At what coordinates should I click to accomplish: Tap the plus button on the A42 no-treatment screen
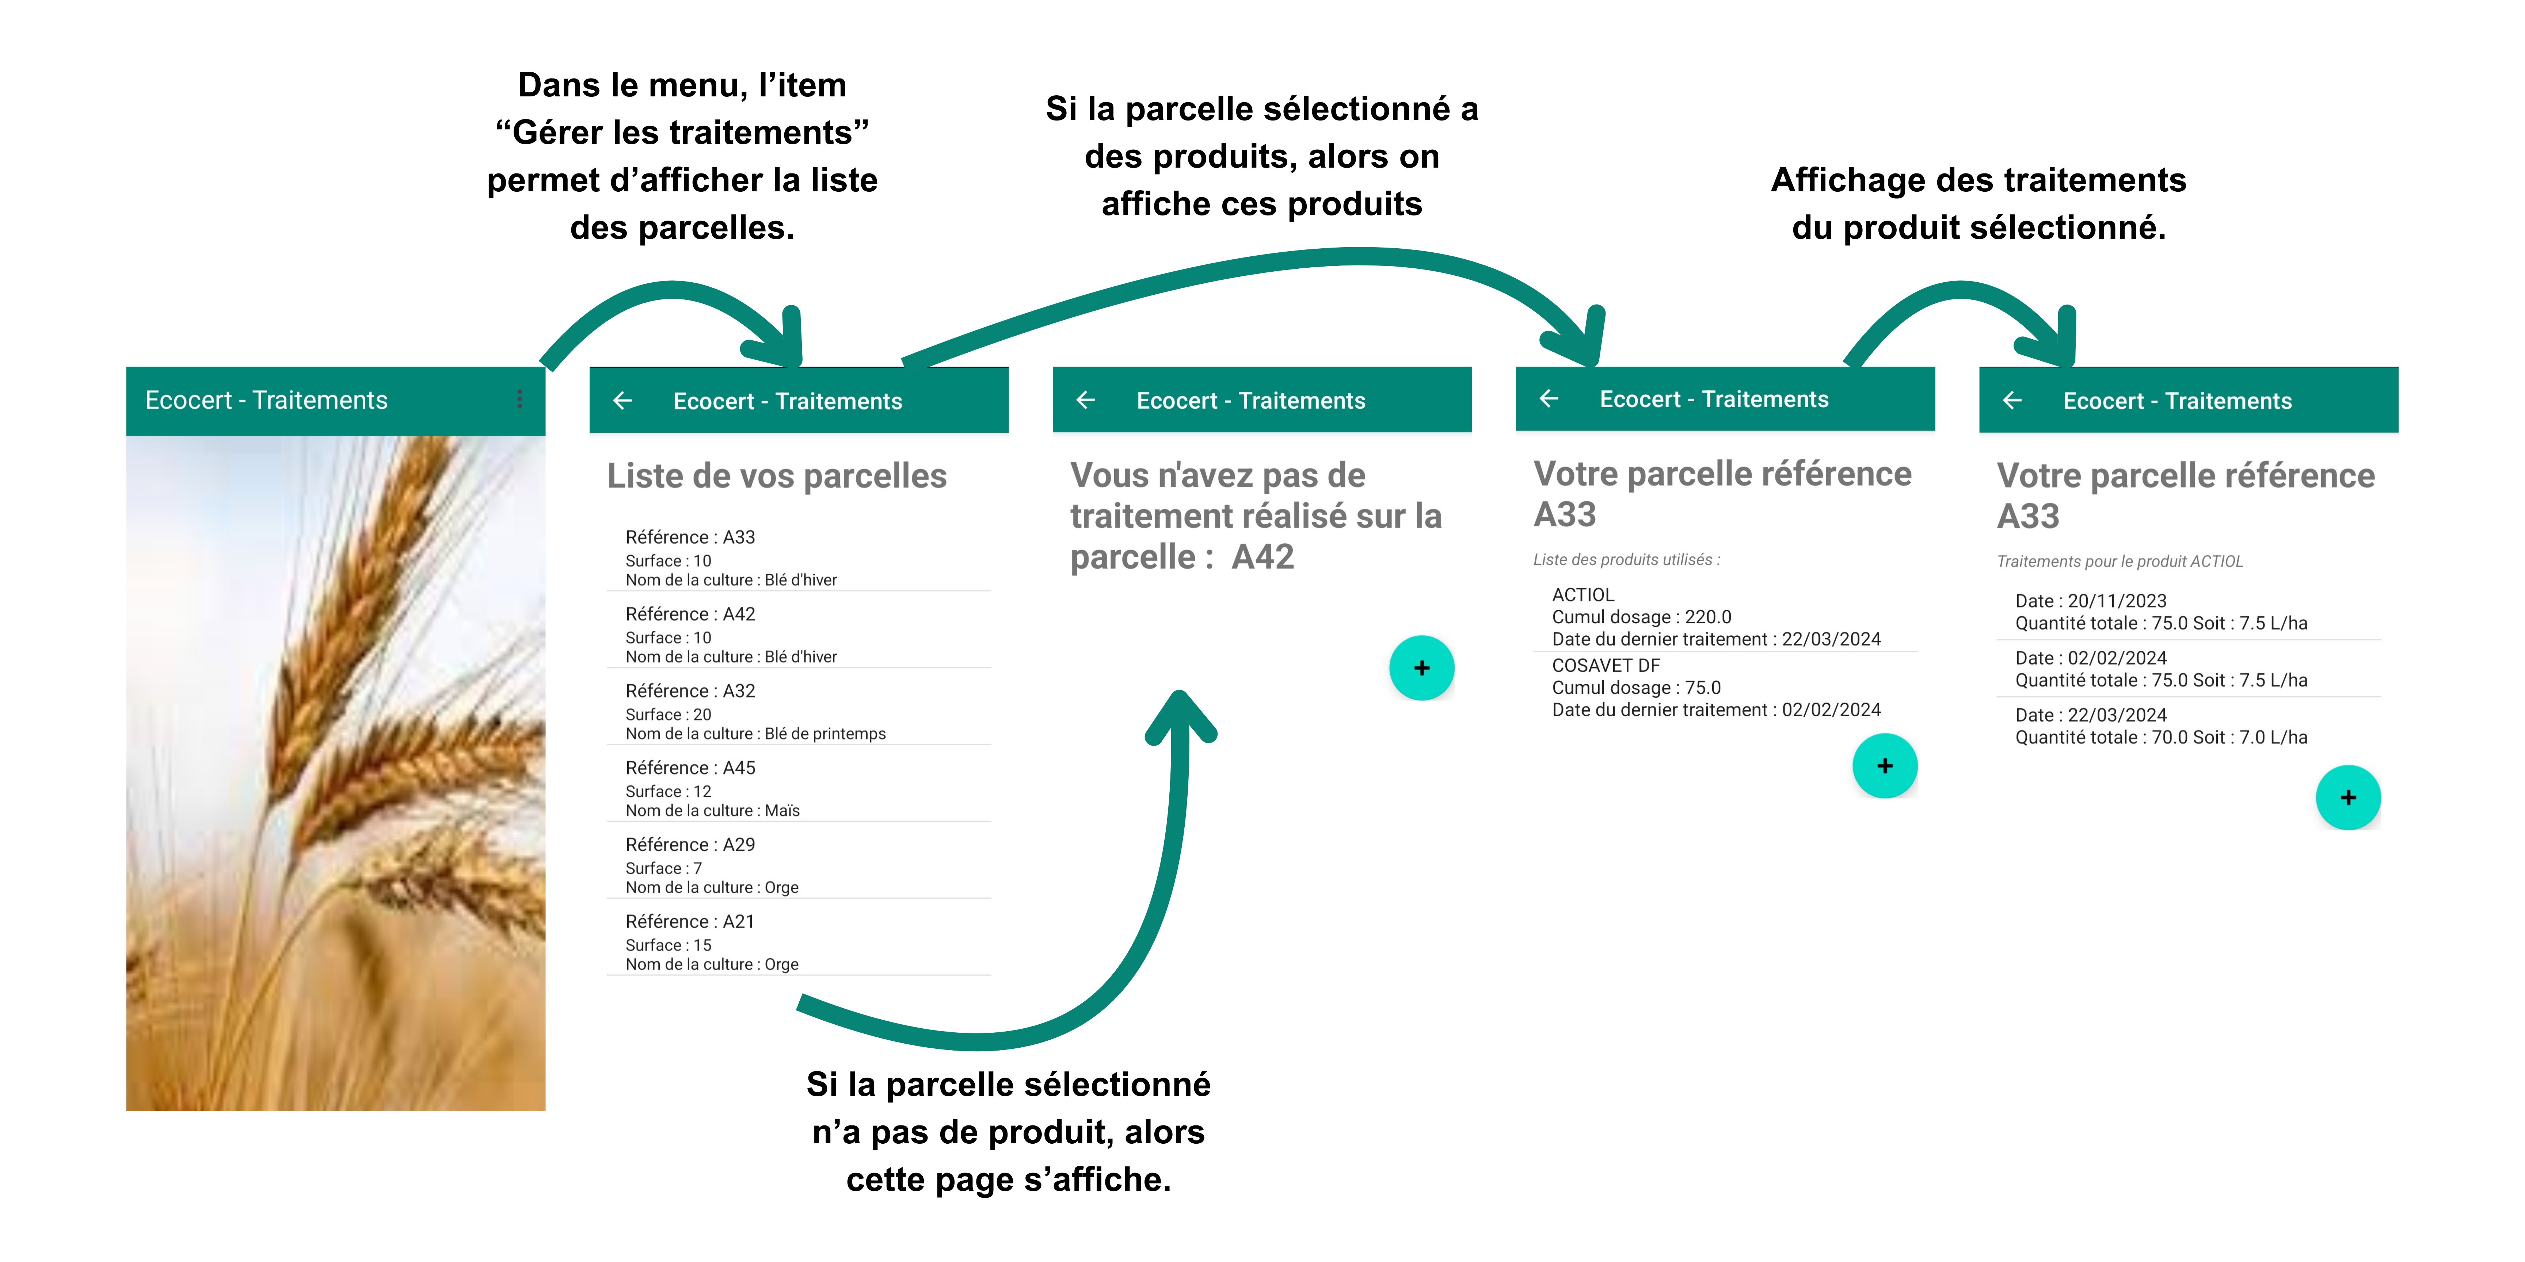pyautogui.click(x=1421, y=668)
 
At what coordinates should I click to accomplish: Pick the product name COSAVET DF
pyautogui.click(x=1606, y=665)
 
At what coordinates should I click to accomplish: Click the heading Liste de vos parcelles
pyautogui.click(x=776, y=476)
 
